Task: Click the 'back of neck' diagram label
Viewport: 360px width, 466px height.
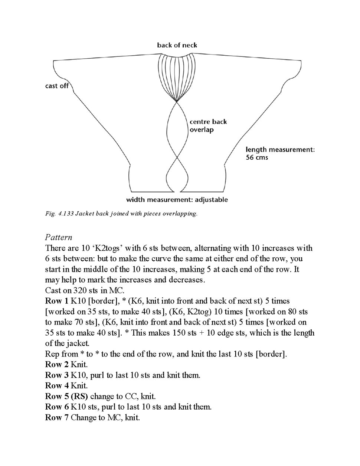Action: tap(177, 45)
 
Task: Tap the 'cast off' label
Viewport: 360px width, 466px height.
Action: tap(57, 86)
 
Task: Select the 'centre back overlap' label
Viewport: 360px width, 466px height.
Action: tap(208, 126)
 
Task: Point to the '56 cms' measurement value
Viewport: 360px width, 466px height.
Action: tap(256, 157)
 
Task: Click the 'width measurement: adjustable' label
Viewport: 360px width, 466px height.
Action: tap(177, 200)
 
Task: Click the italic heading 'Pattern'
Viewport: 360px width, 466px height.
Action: tap(59, 237)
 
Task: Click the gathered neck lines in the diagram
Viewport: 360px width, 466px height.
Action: tap(177, 74)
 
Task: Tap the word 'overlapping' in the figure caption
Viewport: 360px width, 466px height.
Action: tap(180, 214)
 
